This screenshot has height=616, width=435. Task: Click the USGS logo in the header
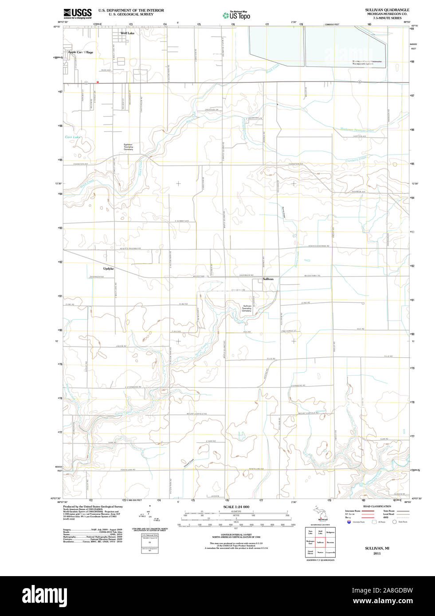[x=78, y=13]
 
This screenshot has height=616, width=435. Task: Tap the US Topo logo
[x=236, y=16]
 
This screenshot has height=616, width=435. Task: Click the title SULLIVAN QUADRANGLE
[x=387, y=10]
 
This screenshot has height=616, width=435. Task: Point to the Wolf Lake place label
[x=127, y=33]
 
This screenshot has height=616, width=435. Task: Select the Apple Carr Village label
[x=80, y=52]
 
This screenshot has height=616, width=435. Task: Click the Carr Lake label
[x=73, y=137]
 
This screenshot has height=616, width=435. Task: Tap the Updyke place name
[x=109, y=269]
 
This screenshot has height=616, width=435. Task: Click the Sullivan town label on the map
[x=268, y=279]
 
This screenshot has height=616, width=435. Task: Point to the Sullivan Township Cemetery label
[x=247, y=308]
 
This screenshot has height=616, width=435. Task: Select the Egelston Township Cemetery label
[x=128, y=147]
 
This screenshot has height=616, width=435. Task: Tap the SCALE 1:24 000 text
[x=236, y=507]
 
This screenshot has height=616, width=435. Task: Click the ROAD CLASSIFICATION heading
[x=377, y=506]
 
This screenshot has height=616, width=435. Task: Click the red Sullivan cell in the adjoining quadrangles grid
[x=320, y=542]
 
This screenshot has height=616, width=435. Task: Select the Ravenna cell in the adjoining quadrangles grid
[x=330, y=542]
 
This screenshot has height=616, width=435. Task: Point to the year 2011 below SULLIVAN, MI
[x=377, y=553]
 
